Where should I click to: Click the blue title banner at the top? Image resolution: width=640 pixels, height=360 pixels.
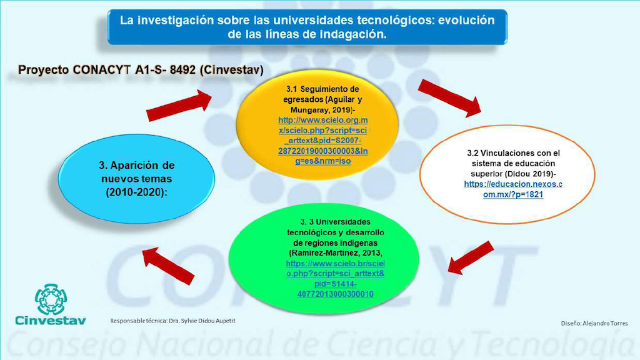point(307,27)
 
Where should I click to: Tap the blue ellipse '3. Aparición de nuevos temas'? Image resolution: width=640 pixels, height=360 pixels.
point(136,179)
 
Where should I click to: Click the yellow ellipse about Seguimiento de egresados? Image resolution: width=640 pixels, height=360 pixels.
point(317,124)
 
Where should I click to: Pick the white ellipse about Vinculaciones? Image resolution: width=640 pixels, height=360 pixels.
point(507,174)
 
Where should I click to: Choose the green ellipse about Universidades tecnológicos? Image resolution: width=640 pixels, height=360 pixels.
point(324,258)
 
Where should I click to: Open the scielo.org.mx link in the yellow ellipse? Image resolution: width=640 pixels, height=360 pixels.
point(323,141)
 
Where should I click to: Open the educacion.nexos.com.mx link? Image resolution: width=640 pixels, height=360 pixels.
point(513,189)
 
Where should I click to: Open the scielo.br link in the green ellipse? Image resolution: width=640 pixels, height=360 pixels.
point(335,279)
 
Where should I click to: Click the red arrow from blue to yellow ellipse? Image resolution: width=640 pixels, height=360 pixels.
point(179,106)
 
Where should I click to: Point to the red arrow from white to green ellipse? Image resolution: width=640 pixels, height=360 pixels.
point(471,257)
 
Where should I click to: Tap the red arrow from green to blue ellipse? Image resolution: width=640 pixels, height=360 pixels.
point(167,265)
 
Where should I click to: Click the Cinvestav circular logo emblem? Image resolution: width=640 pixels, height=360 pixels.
point(51,299)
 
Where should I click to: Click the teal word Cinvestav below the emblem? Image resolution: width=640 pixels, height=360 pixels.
point(51,321)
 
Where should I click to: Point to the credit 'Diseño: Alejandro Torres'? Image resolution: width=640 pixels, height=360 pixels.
point(594,323)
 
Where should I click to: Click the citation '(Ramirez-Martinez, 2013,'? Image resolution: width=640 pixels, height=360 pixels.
point(336,253)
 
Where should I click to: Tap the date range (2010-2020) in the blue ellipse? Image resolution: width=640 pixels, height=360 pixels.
point(136,192)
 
